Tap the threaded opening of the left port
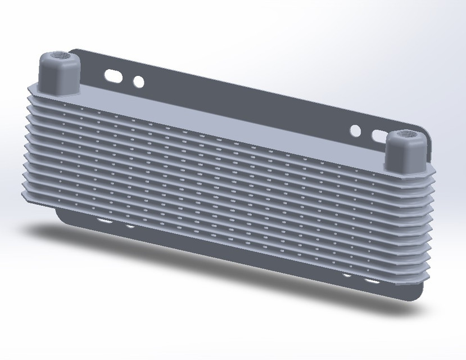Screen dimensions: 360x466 tap(58, 56)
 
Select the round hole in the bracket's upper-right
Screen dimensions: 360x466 tap(355, 131)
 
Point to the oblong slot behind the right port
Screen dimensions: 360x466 tap(378, 136)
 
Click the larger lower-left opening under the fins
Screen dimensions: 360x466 tap(103, 222)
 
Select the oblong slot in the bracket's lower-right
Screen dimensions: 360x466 tap(372, 280)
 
